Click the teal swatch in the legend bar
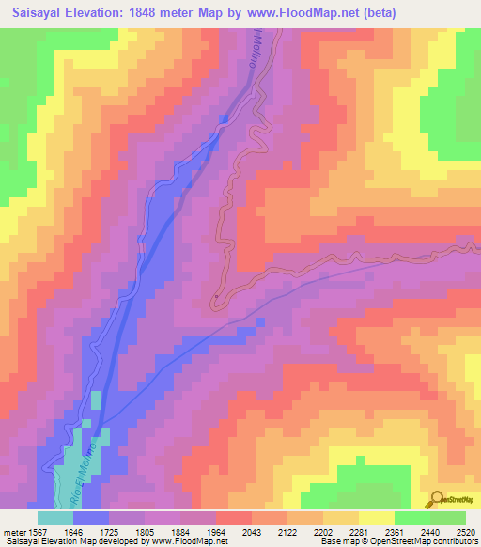tap(55, 518)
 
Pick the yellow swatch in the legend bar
tap(376, 518)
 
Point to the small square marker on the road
tap(216, 297)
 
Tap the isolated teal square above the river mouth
tap(96, 399)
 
